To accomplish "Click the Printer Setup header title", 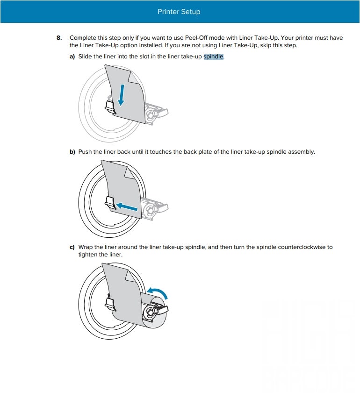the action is point(179,12).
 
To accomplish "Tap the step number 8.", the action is point(59,38).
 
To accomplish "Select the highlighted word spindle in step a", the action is point(213,57).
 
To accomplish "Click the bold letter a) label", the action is point(72,57).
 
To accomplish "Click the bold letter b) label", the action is point(72,152).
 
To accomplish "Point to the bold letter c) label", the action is point(72,247).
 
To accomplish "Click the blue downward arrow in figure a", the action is point(122,95).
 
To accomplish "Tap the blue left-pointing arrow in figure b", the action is point(127,206).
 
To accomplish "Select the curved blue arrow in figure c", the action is point(158,292).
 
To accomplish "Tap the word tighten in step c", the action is point(87,255).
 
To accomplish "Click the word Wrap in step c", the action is point(86,247).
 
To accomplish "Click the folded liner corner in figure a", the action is point(134,77).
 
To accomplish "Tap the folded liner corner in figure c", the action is point(130,276).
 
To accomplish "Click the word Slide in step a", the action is point(85,57).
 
